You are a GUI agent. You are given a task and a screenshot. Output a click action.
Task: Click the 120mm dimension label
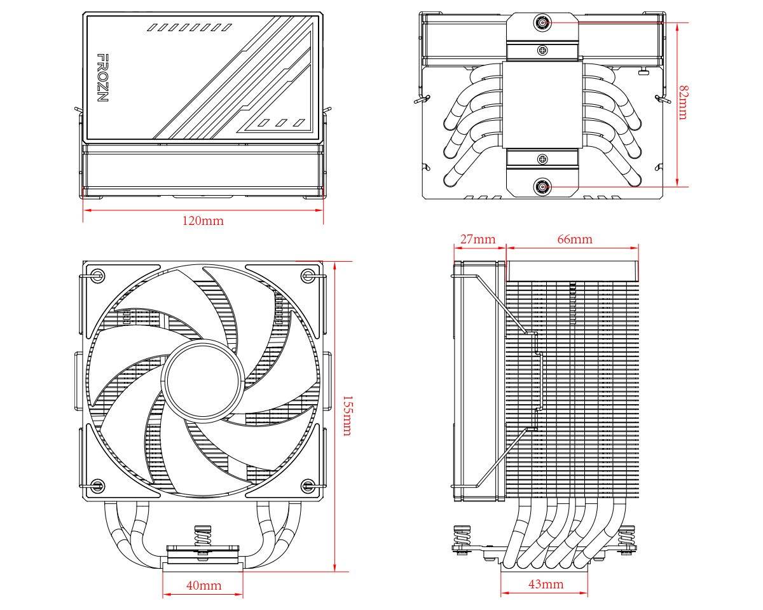(x=203, y=221)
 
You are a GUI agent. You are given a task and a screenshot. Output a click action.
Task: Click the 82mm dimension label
(x=683, y=102)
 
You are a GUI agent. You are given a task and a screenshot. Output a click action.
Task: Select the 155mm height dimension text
(x=347, y=416)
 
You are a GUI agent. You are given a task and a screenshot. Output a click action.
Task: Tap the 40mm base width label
(x=203, y=585)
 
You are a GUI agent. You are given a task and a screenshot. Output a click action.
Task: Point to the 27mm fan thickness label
(x=478, y=240)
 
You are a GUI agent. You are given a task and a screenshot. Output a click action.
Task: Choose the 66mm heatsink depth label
(x=574, y=240)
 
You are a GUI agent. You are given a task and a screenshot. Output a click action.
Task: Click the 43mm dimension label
(x=545, y=584)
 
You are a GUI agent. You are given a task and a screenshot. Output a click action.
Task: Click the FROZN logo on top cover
(x=101, y=78)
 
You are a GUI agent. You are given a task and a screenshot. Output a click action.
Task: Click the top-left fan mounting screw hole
(x=97, y=275)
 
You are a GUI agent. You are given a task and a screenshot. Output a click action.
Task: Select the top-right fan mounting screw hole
(x=308, y=275)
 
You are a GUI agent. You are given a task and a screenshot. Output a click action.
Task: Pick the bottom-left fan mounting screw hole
(x=97, y=487)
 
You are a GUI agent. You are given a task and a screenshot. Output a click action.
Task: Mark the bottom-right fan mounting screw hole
(x=308, y=487)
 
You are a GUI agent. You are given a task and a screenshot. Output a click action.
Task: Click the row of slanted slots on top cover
(x=189, y=28)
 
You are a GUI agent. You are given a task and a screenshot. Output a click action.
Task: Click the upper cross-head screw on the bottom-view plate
(x=542, y=50)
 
